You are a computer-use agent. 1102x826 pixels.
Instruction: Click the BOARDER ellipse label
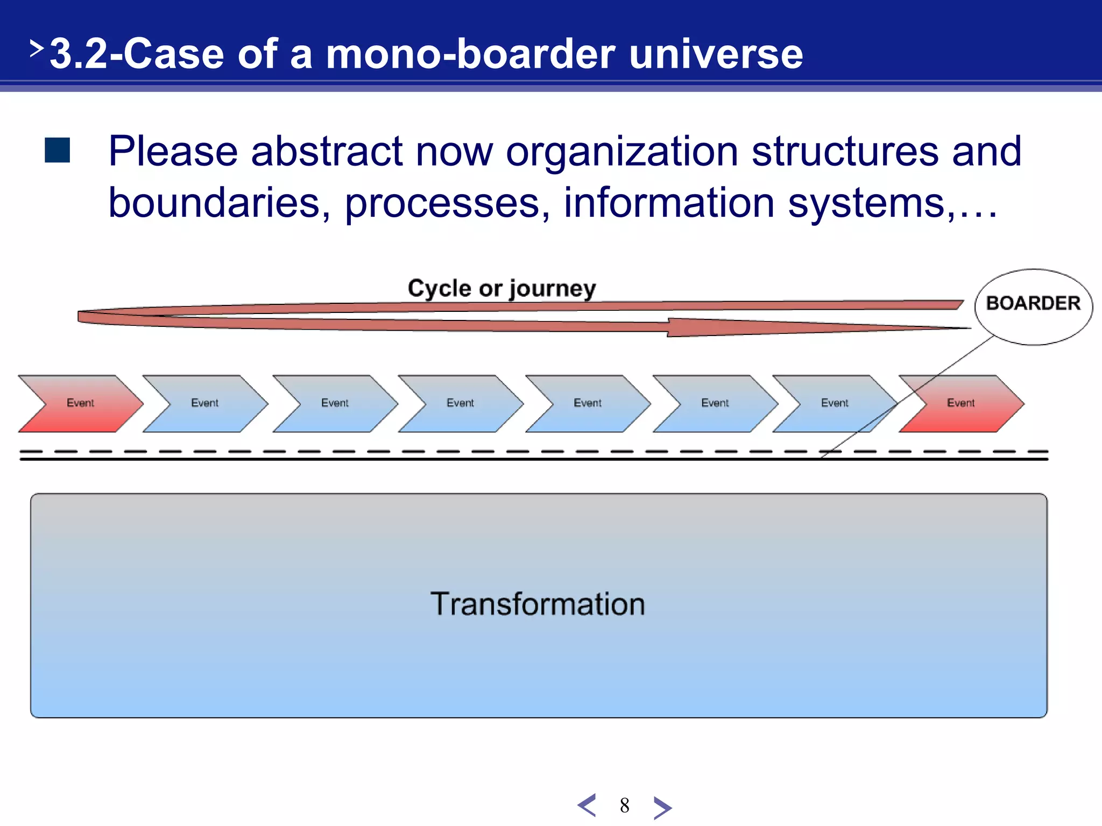[1033, 304]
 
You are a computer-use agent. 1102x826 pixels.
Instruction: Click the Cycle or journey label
[501, 288]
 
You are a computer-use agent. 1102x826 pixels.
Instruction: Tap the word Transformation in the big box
[538, 604]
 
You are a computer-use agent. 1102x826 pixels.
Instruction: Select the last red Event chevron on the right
[961, 403]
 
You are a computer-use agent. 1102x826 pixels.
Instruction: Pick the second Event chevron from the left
[205, 403]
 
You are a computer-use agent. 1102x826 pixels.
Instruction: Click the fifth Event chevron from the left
[588, 403]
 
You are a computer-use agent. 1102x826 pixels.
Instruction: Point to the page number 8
[624, 806]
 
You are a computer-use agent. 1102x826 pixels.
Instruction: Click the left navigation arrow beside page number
[587, 806]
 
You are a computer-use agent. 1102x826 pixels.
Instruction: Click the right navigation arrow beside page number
[662, 807]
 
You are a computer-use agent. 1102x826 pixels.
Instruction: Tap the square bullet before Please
[58, 150]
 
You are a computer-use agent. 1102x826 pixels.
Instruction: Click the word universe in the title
[716, 54]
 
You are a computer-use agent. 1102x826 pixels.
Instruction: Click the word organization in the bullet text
[621, 152]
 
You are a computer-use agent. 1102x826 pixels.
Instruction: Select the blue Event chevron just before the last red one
[835, 403]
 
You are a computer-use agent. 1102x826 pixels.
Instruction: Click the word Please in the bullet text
[173, 152]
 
